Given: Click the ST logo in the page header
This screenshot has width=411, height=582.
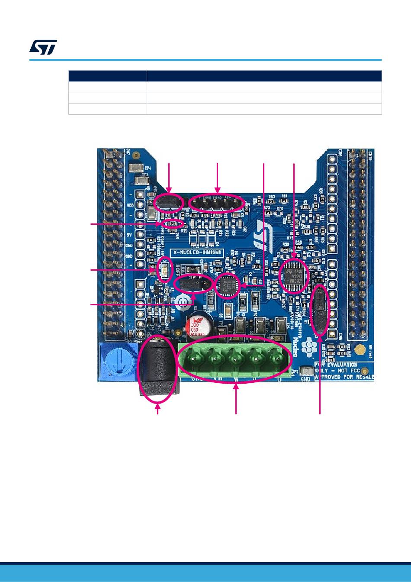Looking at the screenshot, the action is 43,47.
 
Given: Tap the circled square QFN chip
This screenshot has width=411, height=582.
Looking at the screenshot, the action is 228,285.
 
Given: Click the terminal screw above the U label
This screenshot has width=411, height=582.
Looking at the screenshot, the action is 276,358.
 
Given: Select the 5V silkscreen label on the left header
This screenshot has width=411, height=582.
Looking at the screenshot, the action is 129,235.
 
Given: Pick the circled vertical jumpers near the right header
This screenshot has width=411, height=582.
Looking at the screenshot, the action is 320,310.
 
